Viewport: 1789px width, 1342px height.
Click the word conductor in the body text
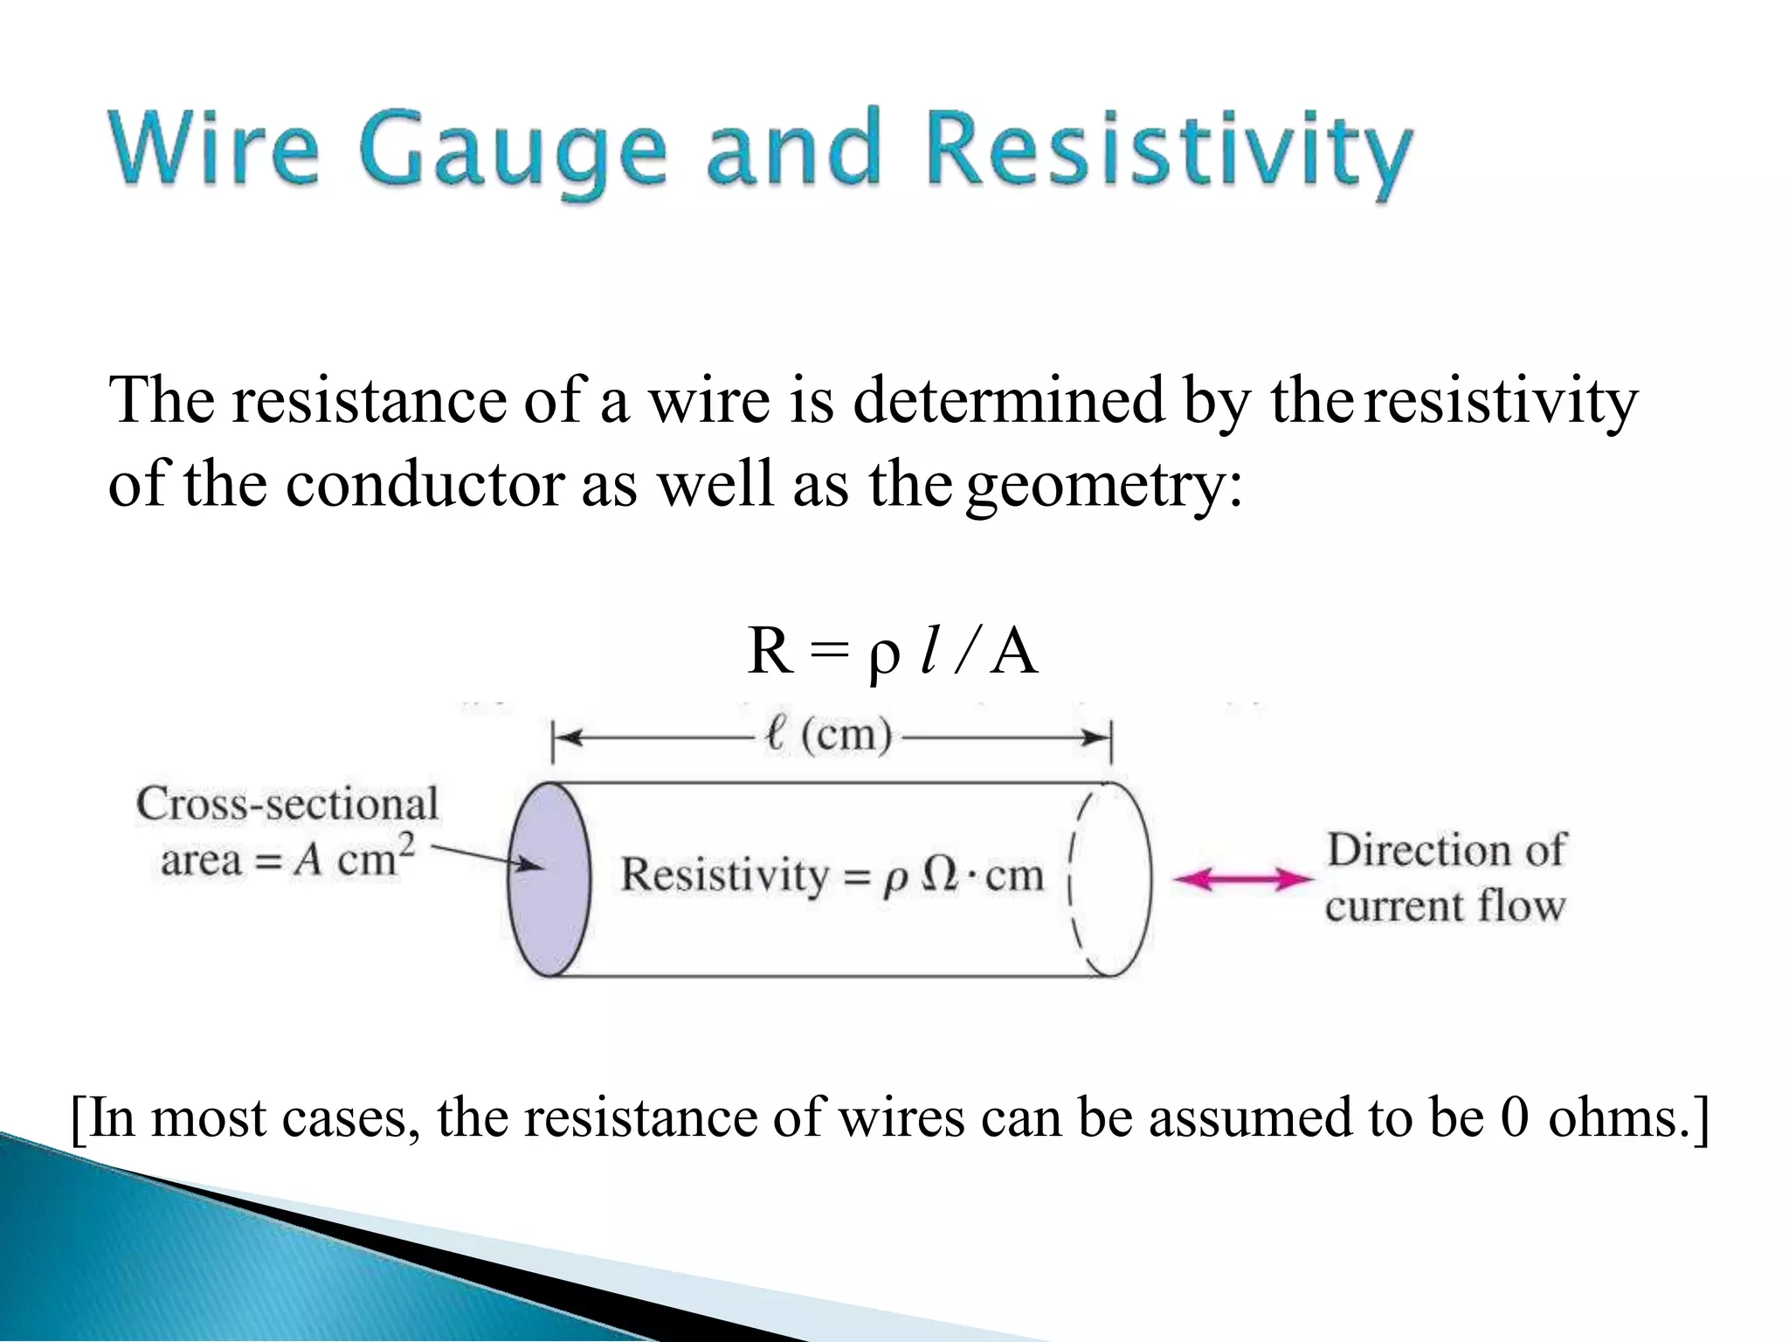pos(425,484)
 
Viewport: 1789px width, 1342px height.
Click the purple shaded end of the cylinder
pos(549,879)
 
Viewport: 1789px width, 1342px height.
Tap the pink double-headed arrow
pos(1242,879)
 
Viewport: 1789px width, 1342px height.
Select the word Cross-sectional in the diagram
pos(287,804)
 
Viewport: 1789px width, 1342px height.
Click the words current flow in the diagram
pos(1445,906)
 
